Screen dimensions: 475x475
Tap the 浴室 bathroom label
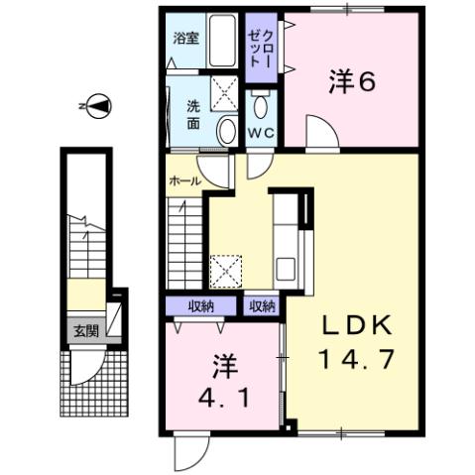(x=184, y=41)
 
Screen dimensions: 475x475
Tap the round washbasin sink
(x=226, y=129)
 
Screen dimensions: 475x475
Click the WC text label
(x=260, y=134)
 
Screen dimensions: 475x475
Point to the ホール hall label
(x=185, y=181)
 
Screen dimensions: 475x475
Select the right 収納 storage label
(x=262, y=305)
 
